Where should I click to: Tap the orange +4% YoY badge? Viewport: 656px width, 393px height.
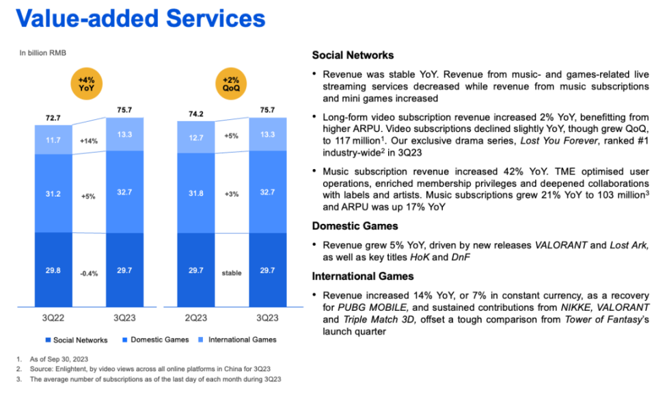(x=89, y=86)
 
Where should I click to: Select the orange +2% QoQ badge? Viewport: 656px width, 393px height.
(x=231, y=86)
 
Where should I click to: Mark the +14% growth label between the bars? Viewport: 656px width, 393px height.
(x=89, y=140)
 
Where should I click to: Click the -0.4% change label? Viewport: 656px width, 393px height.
(x=89, y=272)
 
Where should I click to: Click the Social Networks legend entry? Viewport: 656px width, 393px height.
(x=77, y=340)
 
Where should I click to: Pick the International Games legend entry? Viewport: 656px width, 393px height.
(x=238, y=340)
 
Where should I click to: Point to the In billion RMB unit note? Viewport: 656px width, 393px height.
(x=42, y=53)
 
